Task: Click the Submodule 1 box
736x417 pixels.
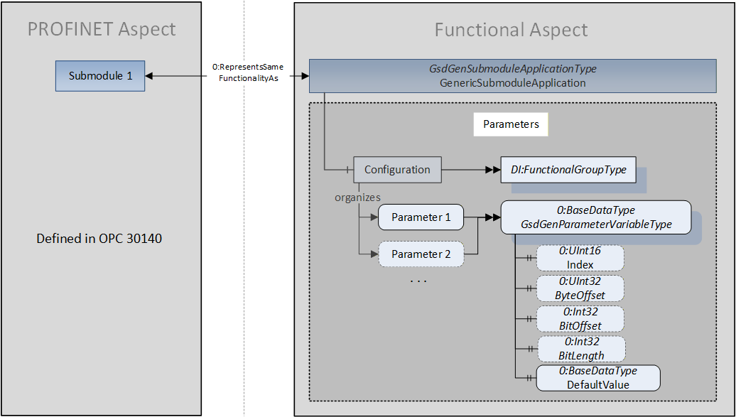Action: click(100, 75)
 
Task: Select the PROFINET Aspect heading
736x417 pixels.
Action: click(102, 29)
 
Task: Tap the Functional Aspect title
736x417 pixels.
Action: click(512, 30)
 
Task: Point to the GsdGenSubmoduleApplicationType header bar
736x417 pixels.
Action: click(513, 75)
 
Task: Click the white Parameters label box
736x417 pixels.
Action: click(511, 124)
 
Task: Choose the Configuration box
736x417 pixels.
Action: click(397, 170)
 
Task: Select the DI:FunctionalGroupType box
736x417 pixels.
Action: click(568, 170)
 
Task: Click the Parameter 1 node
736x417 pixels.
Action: click(421, 217)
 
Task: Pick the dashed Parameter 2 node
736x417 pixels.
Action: click(421, 254)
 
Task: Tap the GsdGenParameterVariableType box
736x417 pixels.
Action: click(596, 217)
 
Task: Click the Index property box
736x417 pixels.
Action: click(580, 258)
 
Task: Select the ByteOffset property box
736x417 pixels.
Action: click(580, 288)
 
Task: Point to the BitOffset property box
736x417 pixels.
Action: click(580, 319)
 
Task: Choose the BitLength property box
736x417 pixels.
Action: click(581, 349)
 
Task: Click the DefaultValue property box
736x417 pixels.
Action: click(598, 378)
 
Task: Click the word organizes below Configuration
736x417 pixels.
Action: click(357, 197)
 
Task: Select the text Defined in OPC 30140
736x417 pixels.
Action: click(99, 239)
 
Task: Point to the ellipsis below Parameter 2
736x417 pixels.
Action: click(418, 281)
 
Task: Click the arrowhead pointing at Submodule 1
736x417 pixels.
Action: click(148, 75)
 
